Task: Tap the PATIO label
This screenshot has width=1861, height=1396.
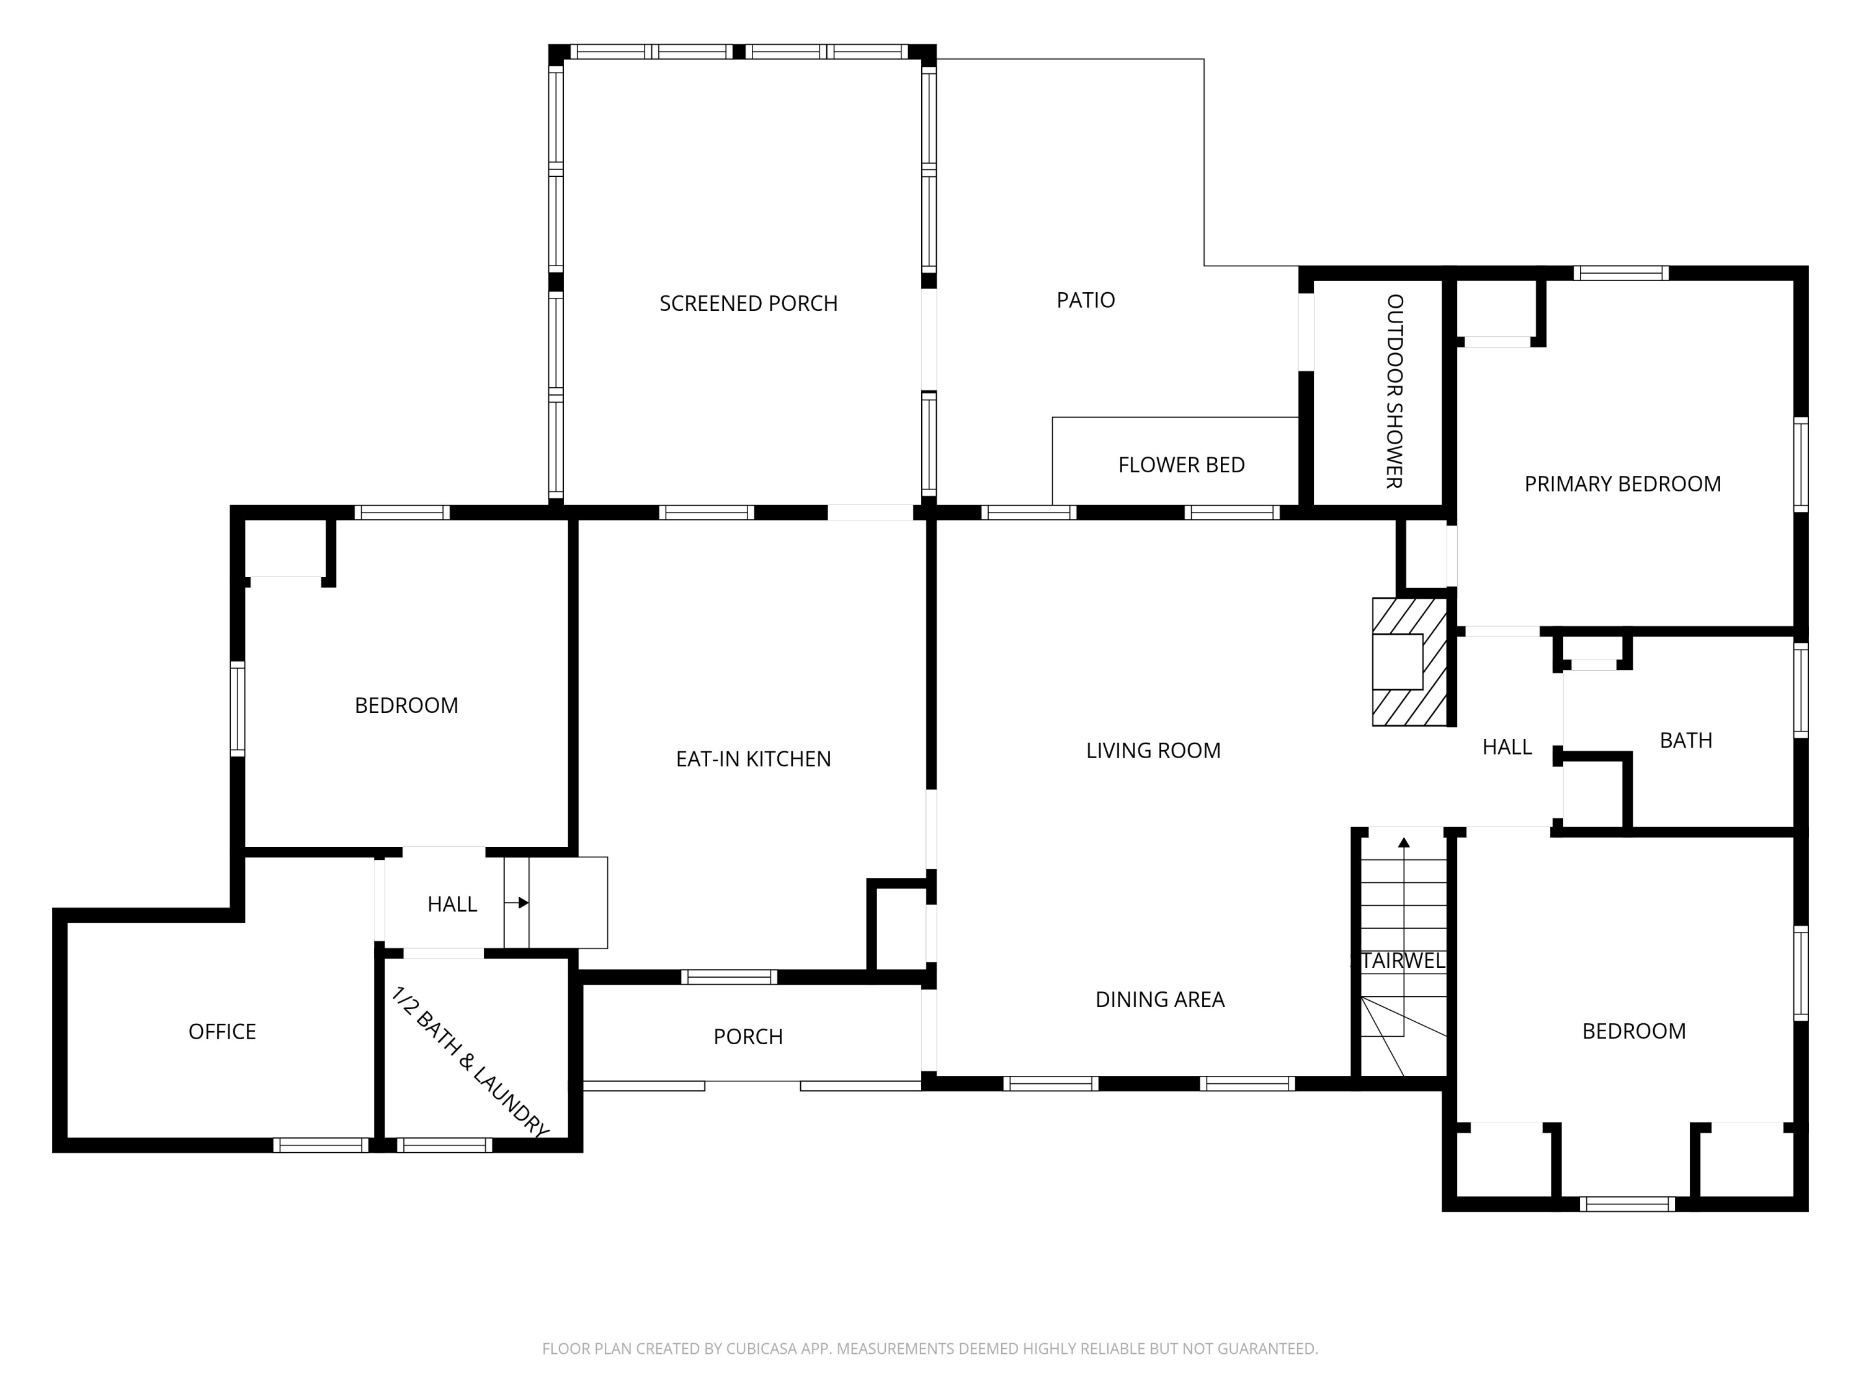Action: click(1086, 300)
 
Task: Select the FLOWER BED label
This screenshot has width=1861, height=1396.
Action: click(1181, 465)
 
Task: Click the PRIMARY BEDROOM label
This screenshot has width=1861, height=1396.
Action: click(1622, 484)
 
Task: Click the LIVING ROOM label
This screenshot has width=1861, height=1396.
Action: click(1153, 751)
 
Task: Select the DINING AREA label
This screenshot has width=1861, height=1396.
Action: click(1159, 999)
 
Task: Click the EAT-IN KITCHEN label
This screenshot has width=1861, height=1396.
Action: click(753, 759)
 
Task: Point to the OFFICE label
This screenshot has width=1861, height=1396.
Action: click(222, 1032)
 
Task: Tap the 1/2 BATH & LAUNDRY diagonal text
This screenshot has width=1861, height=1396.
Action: click(470, 1062)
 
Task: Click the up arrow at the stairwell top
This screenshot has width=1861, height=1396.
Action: click(1403, 843)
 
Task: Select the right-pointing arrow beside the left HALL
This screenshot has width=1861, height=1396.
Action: click(522, 903)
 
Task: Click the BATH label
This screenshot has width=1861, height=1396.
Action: click(1685, 740)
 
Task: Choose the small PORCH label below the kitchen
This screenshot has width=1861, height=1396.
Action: click(748, 1037)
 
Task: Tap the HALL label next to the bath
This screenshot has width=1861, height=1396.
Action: click(1507, 747)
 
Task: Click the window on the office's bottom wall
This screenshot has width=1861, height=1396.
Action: click(321, 1145)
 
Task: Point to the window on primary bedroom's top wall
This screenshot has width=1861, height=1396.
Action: click(1620, 272)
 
